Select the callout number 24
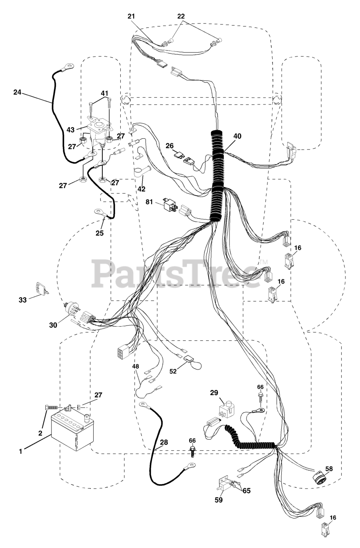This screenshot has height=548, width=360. (x=18, y=92)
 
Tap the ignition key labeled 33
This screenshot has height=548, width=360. (x=42, y=289)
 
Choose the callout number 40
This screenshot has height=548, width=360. (x=237, y=136)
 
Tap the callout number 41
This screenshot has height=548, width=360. (x=104, y=93)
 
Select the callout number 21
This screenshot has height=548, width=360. (x=131, y=16)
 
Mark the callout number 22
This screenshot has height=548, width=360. (x=181, y=16)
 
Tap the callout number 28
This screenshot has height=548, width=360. (x=164, y=443)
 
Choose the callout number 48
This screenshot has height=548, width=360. (x=135, y=366)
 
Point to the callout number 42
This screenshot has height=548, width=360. (x=141, y=189)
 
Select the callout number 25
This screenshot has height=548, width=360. (x=99, y=234)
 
